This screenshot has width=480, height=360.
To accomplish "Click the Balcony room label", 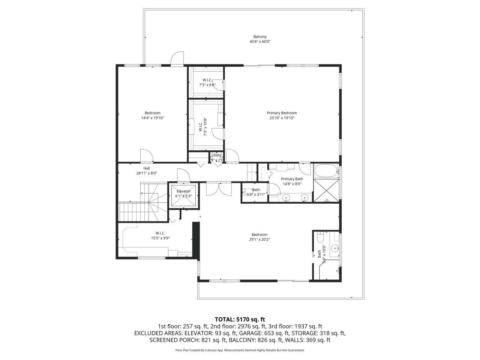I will coord(260,37).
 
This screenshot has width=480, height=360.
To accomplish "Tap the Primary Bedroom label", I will coord(282,113).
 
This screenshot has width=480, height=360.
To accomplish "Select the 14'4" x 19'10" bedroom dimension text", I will coord(153,118).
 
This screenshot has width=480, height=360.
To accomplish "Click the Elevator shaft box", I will coord(184,195).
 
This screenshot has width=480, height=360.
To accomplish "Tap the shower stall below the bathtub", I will coord(326,191).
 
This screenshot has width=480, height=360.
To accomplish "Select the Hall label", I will coord(147,168).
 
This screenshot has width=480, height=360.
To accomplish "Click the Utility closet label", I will coord(216,155).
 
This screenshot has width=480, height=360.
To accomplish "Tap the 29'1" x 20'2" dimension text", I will coord(259,239).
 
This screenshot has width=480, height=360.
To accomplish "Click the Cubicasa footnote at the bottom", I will coord(240,350).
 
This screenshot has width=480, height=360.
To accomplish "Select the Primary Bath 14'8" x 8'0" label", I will coord(292,181).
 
